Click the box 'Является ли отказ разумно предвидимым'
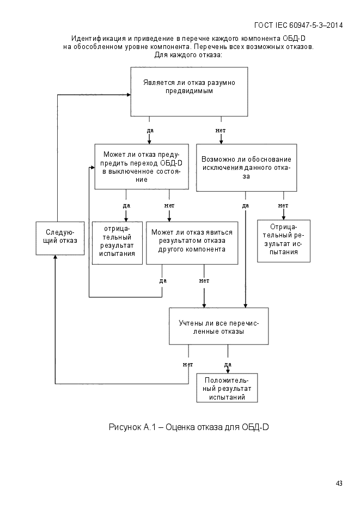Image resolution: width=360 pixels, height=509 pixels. (x=189, y=91)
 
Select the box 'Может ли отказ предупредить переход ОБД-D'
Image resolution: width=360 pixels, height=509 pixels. (x=142, y=167)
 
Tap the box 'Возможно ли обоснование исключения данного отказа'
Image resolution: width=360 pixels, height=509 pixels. (x=246, y=168)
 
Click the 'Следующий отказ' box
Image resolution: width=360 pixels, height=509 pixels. (x=60, y=238)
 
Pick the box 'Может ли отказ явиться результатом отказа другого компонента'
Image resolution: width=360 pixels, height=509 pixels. (x=192, y=243)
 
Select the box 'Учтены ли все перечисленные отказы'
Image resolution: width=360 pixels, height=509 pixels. (x=219, y=326)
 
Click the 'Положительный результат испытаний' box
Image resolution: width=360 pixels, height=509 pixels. (x=227, y=388)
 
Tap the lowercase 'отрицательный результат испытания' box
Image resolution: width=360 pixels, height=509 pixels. (x=117, y=243)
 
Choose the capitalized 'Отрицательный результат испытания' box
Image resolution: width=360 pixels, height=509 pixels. (x=284, y=241)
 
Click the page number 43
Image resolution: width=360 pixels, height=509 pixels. (x=339, y=483)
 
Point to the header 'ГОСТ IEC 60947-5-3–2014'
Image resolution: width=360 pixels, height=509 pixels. (x=298, y=26)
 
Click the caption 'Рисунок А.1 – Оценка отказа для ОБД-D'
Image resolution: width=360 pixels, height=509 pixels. (x=188, y=427)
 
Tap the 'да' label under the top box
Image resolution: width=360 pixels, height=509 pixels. (x=150, y=131)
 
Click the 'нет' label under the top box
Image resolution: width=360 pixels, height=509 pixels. (x=221, y=131)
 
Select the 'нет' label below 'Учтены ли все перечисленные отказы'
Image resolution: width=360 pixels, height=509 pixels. (x=188, y=365)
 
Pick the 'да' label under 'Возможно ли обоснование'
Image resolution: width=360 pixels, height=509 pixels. (x=246, y=205)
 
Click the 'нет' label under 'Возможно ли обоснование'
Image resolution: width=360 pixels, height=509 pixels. (x=283, y=205)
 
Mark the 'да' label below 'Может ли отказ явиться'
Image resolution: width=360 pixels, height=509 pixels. (x=163, y=281)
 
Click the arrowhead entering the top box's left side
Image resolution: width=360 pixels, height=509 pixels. (x=129, y=95)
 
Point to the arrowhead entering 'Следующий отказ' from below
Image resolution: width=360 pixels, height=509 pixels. (x=55, y=257)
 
